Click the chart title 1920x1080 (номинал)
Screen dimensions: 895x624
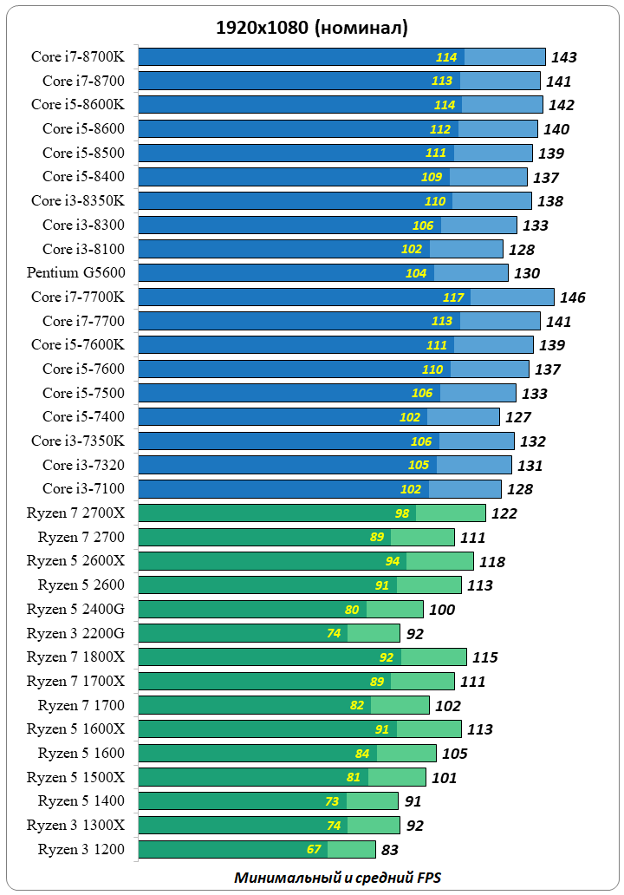click(312, 28)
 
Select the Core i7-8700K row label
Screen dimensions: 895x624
click(78, 56)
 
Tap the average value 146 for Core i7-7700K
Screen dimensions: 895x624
click(573, 297)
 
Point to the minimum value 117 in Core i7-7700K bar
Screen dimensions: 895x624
click(453, 297)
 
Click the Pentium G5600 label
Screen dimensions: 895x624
click(75, 272)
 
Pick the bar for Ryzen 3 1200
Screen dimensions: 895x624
click(257, 849)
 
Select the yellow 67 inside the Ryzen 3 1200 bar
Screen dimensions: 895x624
click(314, 849)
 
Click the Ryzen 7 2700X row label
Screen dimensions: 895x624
click(75, 513)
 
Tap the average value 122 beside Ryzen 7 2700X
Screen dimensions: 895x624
click(504, 513)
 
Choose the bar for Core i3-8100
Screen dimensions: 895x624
click(321, 249)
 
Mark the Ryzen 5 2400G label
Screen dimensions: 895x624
click(75, 609)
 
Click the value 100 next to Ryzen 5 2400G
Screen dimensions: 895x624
click(442, 610)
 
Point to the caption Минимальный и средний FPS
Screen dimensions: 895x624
click(337, 877)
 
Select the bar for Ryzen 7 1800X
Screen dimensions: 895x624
click(302, 657)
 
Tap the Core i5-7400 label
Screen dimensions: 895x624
click(83, 416)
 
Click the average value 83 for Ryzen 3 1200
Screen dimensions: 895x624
click(389, 850)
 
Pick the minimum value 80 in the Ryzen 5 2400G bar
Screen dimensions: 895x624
click(352, 609)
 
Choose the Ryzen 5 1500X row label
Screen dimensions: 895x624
click(75, 777)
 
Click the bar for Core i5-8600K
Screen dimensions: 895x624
click(341, 105)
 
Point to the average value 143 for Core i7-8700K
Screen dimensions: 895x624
click(564, 57)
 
